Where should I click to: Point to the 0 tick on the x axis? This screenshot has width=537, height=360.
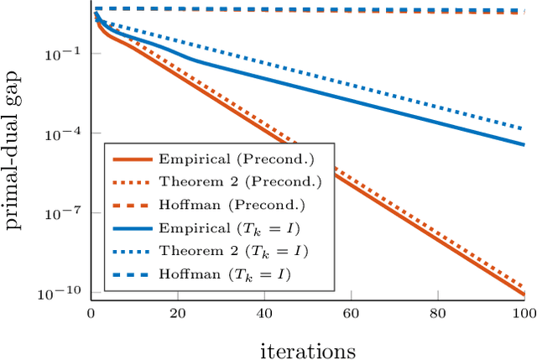tap(91, 313)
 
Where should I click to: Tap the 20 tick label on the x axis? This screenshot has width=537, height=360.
tap(177, 313)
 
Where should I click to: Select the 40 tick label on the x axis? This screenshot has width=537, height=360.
tap(264, 313)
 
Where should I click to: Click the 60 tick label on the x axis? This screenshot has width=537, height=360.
tap(351, 313)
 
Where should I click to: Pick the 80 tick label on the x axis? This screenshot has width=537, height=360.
tap(437, 313)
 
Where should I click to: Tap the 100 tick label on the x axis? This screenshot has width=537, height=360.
tap(523, 313)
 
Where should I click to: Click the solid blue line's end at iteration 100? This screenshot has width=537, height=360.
tap(524, 144)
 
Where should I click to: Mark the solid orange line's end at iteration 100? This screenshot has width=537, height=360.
tap(524, 294)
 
